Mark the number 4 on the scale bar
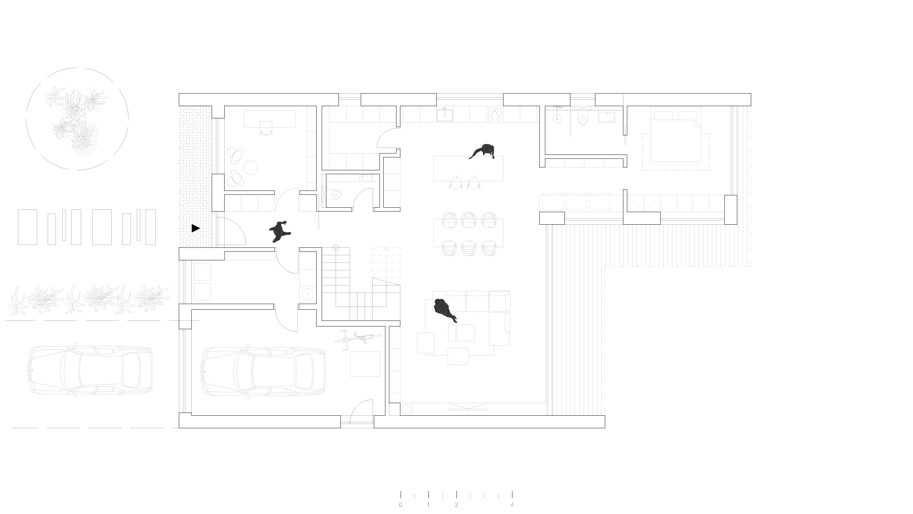coord(512,505)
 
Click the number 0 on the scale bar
coord(401,505)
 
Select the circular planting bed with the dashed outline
coord(77,119)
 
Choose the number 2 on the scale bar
coord(456,505)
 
